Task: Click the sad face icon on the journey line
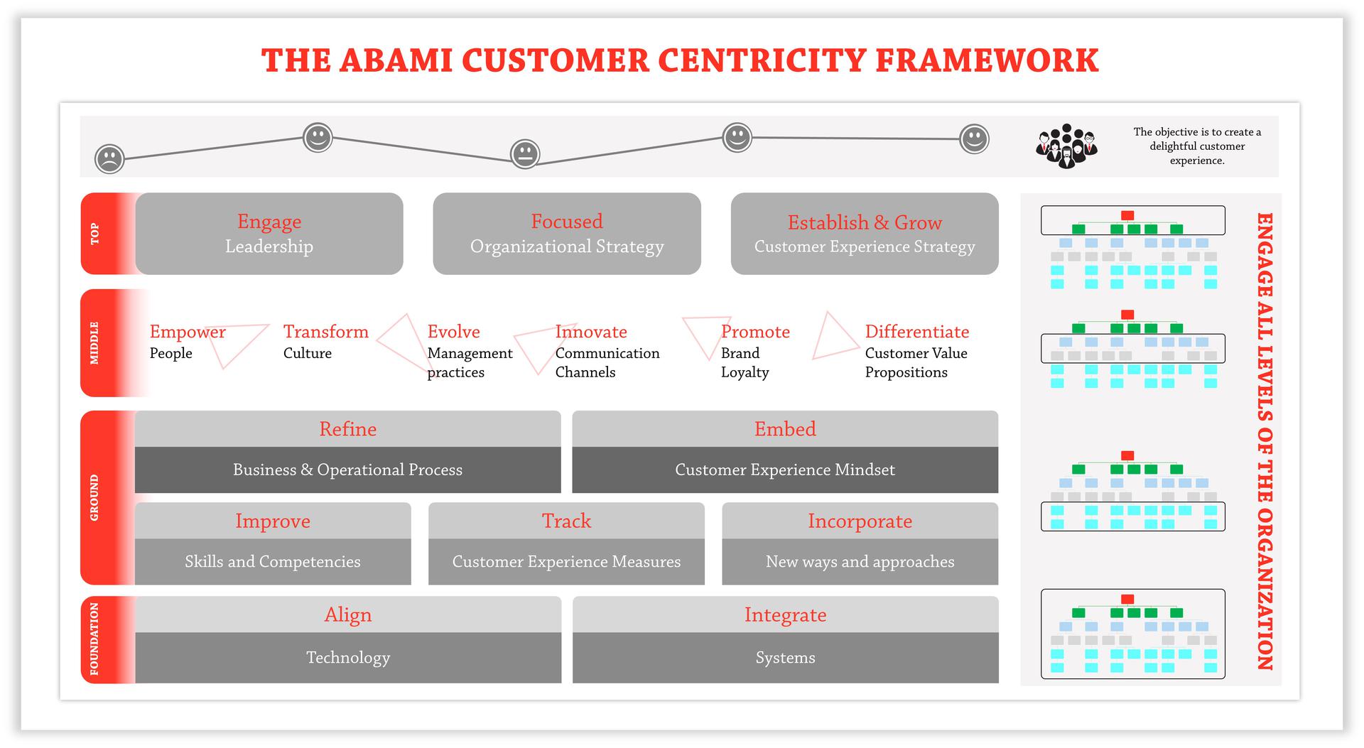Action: click(x=109, y=158)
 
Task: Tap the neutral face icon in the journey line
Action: click(x=525, y=153)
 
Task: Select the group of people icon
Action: click(x=1066, y=146)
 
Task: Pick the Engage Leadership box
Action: click(x=269, y=234)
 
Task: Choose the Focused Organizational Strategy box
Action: click(x=567, y=234)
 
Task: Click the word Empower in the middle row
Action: click(x=188, y=332)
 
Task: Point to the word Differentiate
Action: click(x=916, y=332)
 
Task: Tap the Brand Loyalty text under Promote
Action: click(x=744, y=362)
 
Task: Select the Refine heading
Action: click(x=347, y=429)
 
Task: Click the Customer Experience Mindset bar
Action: click(x=784, y=470)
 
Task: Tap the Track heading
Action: click(x=566, y=521)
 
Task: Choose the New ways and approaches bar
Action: click(x=860, y=562)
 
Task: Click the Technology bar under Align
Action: click(x=347, y=658)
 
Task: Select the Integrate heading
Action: click(x=785, y=615)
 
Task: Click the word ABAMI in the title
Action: click(x=396, y=60)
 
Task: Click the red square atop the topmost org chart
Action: click(x=1127, y=215)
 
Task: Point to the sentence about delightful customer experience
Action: click(x=1197, y=146)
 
